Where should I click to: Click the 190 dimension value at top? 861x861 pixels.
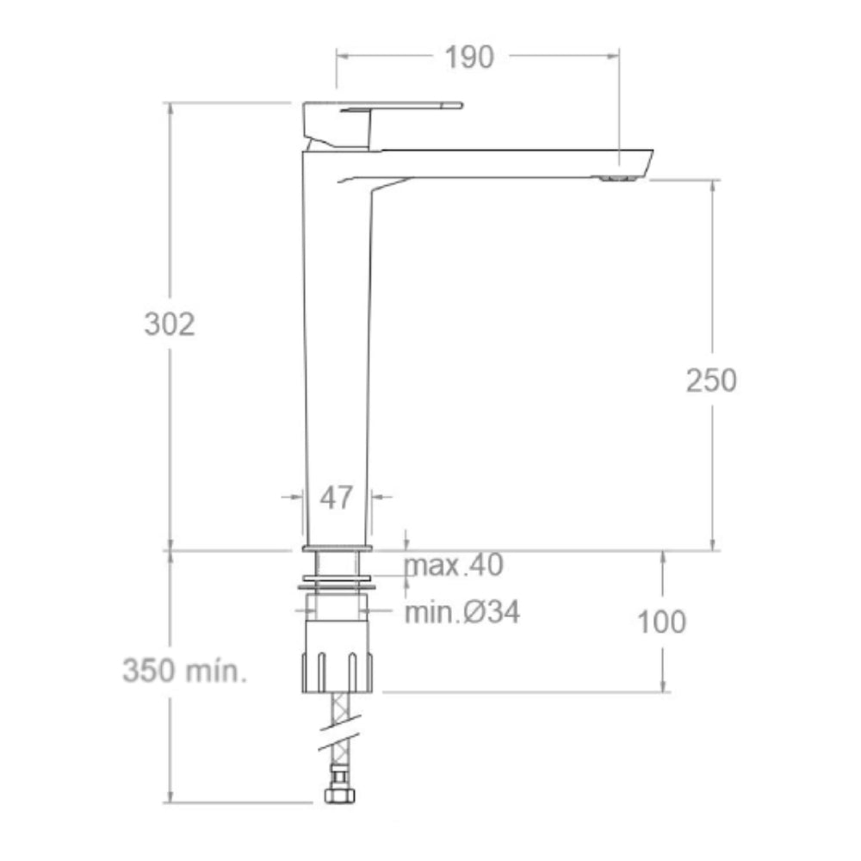pyautogui.click(x=469, y=57)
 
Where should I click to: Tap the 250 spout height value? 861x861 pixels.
pyautogui.click(x=711, y=380)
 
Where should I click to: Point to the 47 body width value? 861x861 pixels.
pyautogui.click(x=338, y=497)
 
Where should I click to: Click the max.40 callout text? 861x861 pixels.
pyautogui.click(x=454, y=566)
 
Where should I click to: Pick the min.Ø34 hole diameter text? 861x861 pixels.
pyautogui.click(x=462, y=612)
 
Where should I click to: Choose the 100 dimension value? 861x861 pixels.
pyautogui.click(x=662, y=621)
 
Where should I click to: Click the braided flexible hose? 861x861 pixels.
pyautogui.click(x=337, y=715)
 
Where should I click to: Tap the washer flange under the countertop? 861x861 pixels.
pyautogui.click(x=337, y=582)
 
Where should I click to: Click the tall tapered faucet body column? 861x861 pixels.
pyautogui.click(x=338, y=344)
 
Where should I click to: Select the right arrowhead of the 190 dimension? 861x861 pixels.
pyautogui.click(x=614, y=57)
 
